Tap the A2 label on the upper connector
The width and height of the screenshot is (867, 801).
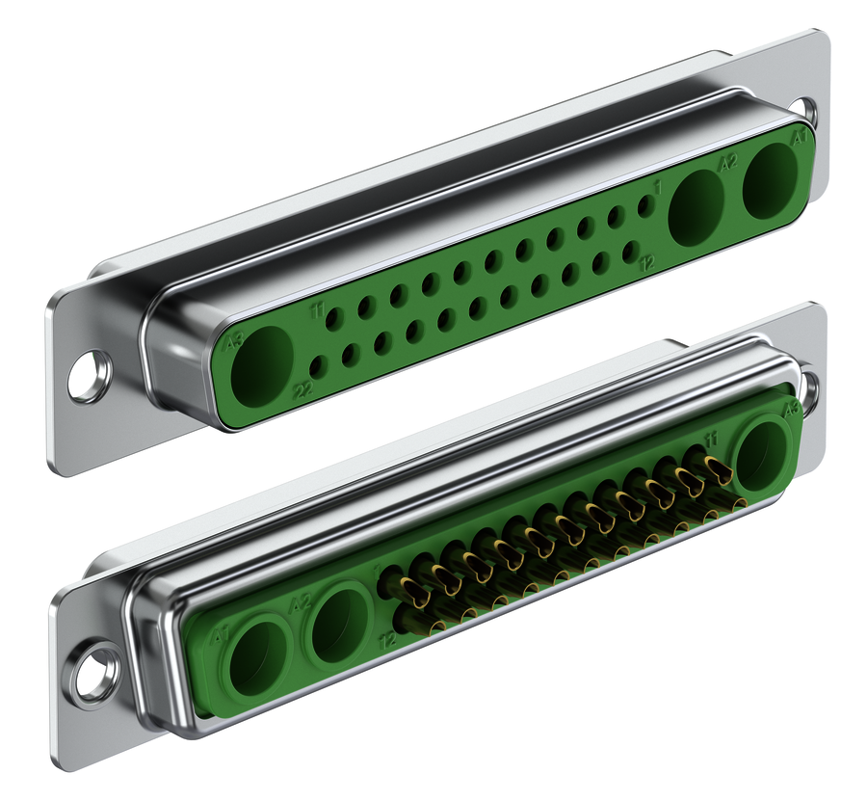click(728, 163)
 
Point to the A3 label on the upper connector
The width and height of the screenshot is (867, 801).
click(231, 341)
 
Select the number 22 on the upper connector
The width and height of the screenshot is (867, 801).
click(302, 390)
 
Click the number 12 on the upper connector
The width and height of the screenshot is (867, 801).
click(648, 262)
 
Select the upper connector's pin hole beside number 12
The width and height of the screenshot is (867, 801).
click(631, 252)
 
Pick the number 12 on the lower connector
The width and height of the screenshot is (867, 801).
click(388, 639)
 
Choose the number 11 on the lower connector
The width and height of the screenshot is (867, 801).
click(711, 440)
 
